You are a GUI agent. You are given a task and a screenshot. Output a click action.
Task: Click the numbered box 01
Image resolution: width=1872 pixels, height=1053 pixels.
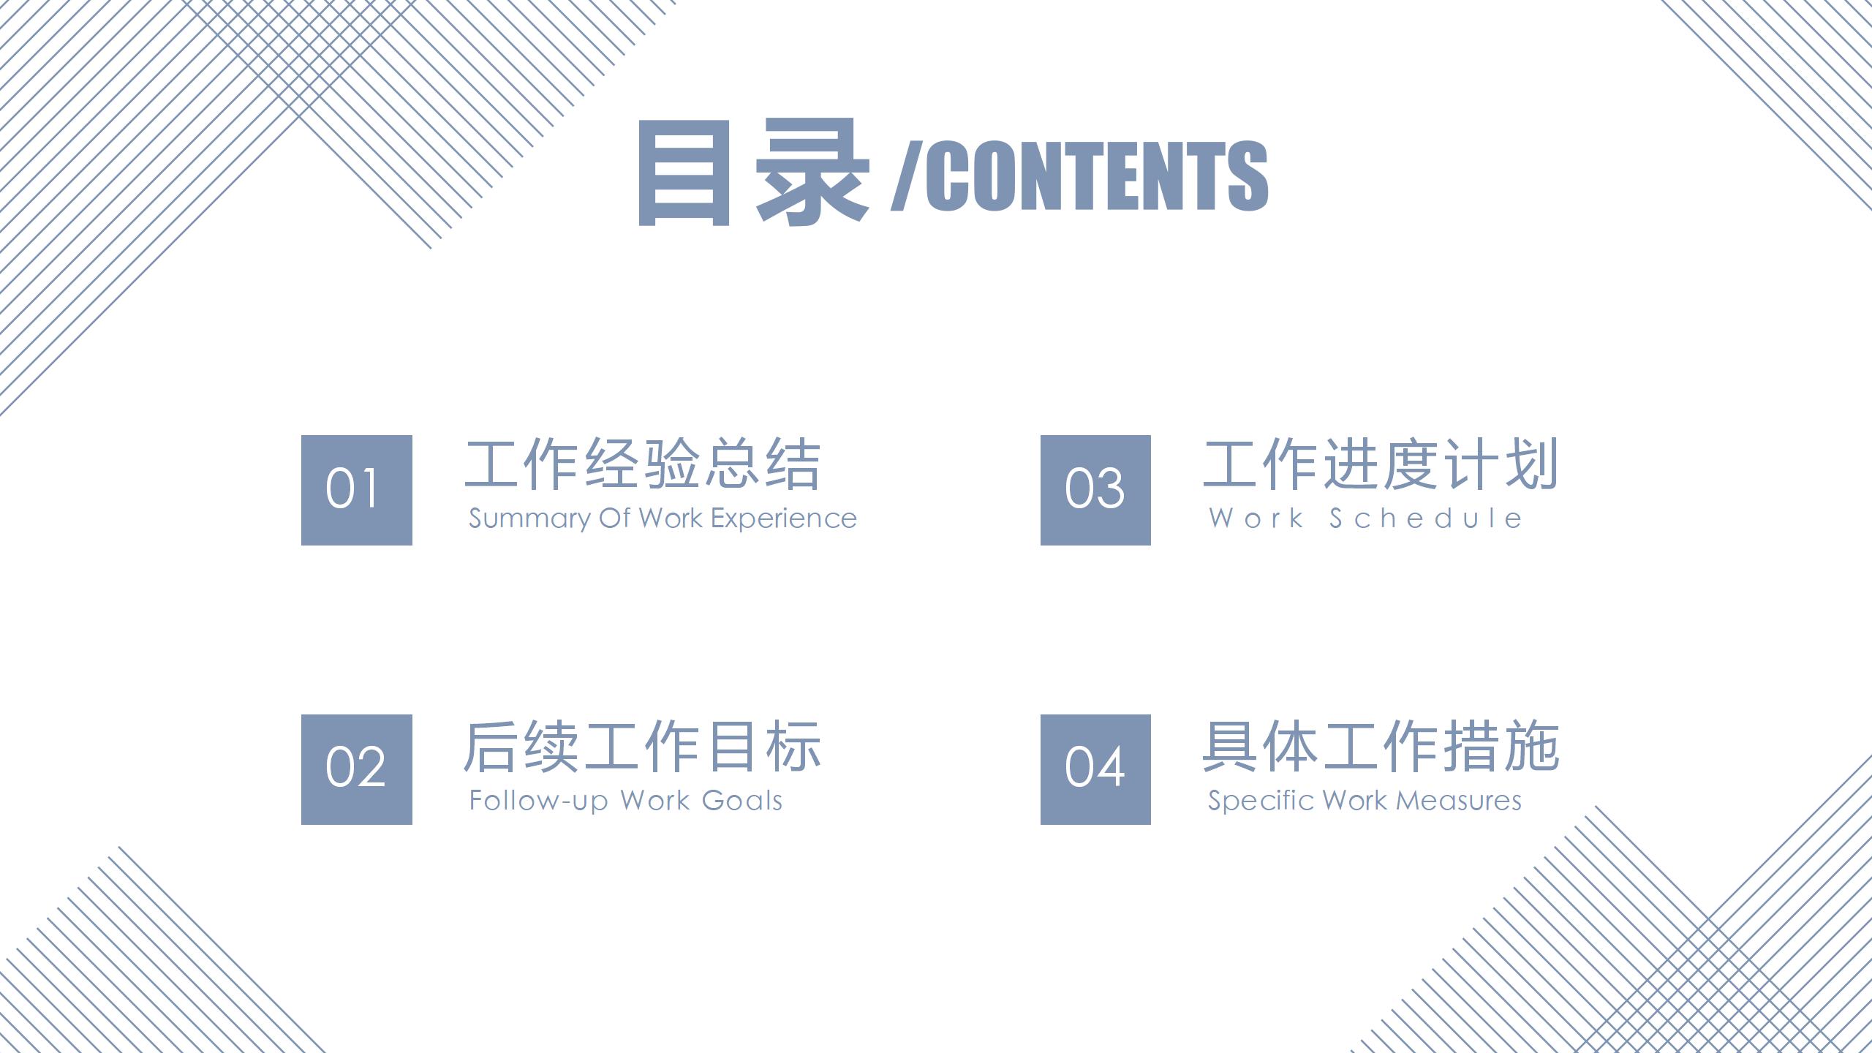click(x=357, y=490)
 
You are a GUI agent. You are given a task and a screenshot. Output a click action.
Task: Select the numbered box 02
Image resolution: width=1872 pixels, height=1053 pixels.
click(x=357, y=769)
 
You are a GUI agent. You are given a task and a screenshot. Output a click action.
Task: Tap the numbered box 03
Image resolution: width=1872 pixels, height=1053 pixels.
click(x=1095, y=490)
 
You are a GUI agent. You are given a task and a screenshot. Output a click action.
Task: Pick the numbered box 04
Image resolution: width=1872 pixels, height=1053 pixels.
click(x=1095, y=769)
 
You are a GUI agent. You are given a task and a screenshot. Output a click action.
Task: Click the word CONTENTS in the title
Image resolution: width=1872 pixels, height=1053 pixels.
click(x=1097, y=175)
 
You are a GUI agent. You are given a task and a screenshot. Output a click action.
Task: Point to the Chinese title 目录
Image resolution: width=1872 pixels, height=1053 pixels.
click(x=754, y=173)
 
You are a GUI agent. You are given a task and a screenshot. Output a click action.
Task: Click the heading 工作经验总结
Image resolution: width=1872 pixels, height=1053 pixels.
click(x=643, y=464)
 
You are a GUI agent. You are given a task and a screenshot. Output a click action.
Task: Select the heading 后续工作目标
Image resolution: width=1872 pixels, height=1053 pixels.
click(x=643, y=747)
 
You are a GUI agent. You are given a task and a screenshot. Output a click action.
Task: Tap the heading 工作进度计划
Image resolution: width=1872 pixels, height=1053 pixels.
click(x=1381, y=464)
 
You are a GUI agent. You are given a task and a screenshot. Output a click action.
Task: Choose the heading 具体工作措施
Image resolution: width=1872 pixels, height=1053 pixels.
click(x=1381, y=747)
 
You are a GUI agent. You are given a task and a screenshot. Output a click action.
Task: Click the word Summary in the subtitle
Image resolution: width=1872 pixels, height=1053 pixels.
click(x=529, y=519)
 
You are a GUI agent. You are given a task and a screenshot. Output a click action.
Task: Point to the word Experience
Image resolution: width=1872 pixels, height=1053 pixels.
click(x=784, y=519)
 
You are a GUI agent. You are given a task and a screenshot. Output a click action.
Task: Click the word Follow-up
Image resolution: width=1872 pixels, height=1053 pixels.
click(x=538, y=801)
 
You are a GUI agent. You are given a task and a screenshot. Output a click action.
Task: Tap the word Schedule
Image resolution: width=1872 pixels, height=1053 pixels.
click(x=1426, y=518)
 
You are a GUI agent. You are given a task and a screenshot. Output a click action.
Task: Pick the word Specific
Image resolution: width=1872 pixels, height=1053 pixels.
click(x=1261, y=801)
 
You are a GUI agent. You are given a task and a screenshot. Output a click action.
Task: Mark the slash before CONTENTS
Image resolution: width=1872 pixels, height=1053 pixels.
click(x=907, y=175)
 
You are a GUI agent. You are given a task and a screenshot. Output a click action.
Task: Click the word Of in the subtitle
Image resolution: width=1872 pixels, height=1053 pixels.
click(x=614, y=518)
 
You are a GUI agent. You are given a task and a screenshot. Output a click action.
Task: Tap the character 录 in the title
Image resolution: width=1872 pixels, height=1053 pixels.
click(x=812, y=173)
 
